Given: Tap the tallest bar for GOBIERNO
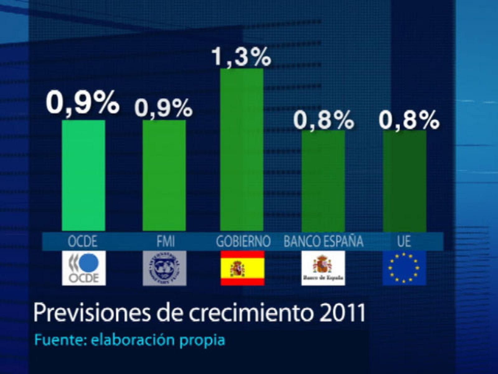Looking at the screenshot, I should pos(242,150).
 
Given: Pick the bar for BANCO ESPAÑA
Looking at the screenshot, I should pos(323,181).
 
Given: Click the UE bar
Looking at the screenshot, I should pos(404,181).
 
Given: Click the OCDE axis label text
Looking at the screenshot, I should pos(83,241).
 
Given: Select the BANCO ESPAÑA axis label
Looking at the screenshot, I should pos(323,241).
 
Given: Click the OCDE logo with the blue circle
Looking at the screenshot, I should pos(84,268).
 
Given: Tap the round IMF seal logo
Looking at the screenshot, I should pos(164,268).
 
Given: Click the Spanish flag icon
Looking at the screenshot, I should pos(242,268).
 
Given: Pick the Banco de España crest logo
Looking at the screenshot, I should pos(323,268).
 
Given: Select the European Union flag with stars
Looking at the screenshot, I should pos(404,268).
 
